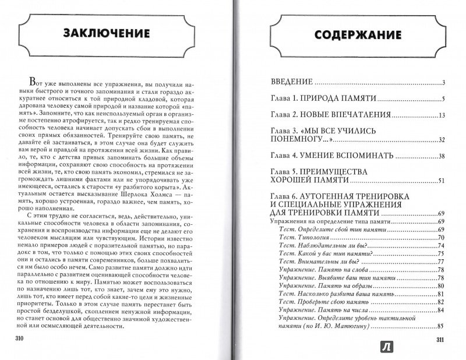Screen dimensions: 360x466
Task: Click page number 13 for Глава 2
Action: click(441, 115)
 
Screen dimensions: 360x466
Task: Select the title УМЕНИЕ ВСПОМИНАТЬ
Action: click(351, 156)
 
